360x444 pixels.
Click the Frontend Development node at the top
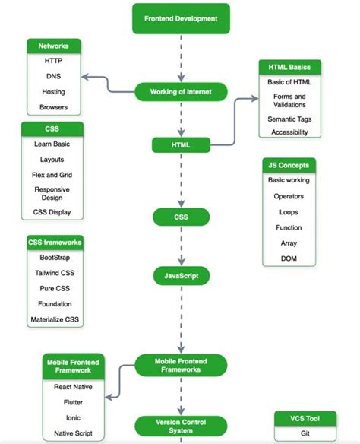point(180,18)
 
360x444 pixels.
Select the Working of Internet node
point(180,92)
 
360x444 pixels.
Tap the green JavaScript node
point(180,274)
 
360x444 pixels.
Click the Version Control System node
point(180,426)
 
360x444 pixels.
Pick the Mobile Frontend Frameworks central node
point(180,364)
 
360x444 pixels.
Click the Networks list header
point(54,46)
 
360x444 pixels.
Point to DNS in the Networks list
point(54,76)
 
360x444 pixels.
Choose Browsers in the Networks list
point(54,107)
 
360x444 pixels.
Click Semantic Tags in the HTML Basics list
point(289,119)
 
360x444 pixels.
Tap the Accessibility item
point(289,132)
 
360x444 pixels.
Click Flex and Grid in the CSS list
point(52,175)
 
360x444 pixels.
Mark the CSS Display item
point(52,212)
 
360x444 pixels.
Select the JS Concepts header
point(288,165)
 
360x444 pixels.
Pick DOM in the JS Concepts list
point(288,259)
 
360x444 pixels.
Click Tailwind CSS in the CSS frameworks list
point(54,272)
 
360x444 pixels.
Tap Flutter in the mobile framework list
point(74,402)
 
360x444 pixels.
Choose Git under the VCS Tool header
point(305,432)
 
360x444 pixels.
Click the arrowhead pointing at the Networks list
point(86,77)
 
